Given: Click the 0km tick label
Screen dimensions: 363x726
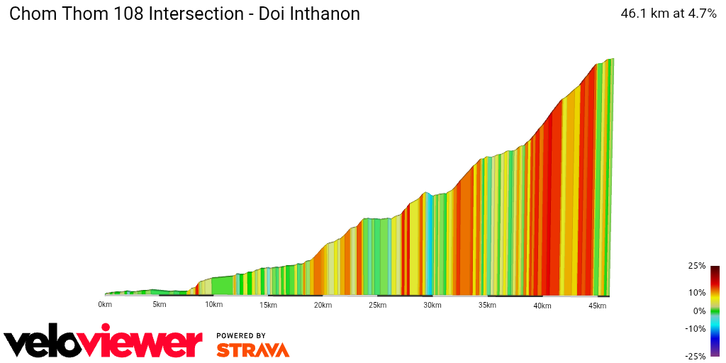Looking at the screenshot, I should coord(105,305).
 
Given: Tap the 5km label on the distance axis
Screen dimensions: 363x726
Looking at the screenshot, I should coord(160,305).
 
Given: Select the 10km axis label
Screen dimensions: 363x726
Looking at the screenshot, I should coord(214,305).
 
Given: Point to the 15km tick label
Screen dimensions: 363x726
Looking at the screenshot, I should coord(268,305).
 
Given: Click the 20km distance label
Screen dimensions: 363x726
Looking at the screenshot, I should coord(323,305).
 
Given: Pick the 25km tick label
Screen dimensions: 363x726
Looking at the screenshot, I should coord(377,305).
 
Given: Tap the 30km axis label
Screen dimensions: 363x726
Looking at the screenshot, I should coord(432,305).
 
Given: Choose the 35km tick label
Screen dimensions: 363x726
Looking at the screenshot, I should coord(487,305).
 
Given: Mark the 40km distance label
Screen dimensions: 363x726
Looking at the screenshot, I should coord(542,305).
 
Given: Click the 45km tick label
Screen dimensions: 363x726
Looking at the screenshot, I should coord(597,305).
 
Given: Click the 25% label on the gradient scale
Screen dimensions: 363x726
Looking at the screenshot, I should coord(696,266).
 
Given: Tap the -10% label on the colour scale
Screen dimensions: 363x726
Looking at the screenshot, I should coord(695,328).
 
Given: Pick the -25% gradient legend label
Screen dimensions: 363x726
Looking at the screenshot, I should coord(695,356).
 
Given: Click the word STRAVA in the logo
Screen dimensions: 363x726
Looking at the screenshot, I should coord(252,350).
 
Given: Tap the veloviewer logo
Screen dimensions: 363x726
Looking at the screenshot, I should coord(104,342).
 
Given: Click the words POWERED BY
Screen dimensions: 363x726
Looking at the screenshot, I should coord(241,335).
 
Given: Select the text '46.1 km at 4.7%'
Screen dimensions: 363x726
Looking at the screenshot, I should coord(669,13).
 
